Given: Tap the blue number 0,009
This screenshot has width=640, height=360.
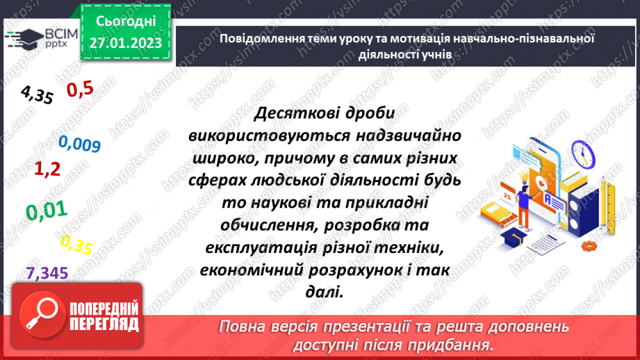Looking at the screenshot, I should click(x=80, y=144).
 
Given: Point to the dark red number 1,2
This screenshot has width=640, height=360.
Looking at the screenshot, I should click(x=49, y=167).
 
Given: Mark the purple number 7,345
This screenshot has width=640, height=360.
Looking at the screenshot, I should click(x=47, y=273).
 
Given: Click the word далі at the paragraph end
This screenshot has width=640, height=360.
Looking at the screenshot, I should click(x=325, y=291).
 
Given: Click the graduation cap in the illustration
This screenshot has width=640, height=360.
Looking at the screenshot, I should click(x=520, y=238).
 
